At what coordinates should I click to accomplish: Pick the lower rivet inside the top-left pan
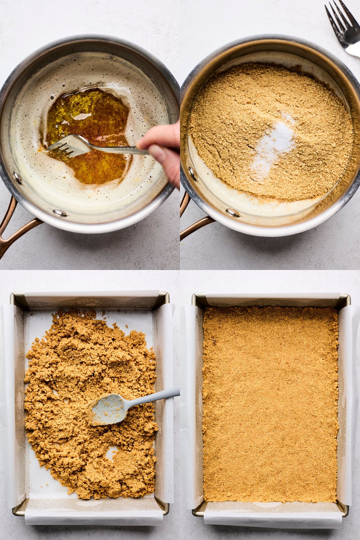(59, 212)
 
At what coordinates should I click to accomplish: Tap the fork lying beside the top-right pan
(342, 29)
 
